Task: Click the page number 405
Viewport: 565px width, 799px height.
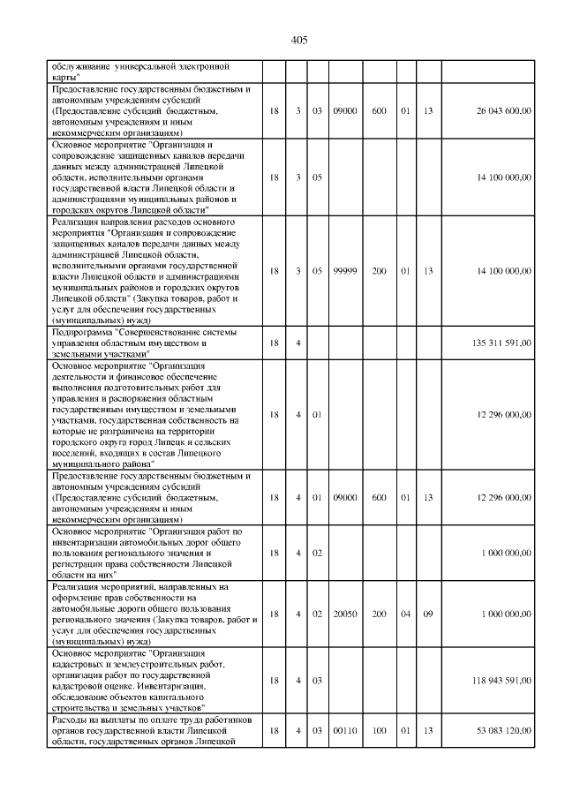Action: [x=298, y=40]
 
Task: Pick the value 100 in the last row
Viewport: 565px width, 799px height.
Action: [x=380, y=730]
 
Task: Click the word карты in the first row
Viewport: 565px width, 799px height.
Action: [x=65, y=77]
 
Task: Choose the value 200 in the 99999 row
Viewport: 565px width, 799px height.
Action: [x=380, y=271]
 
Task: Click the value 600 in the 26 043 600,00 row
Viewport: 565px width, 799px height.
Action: [x=380, y=110]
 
